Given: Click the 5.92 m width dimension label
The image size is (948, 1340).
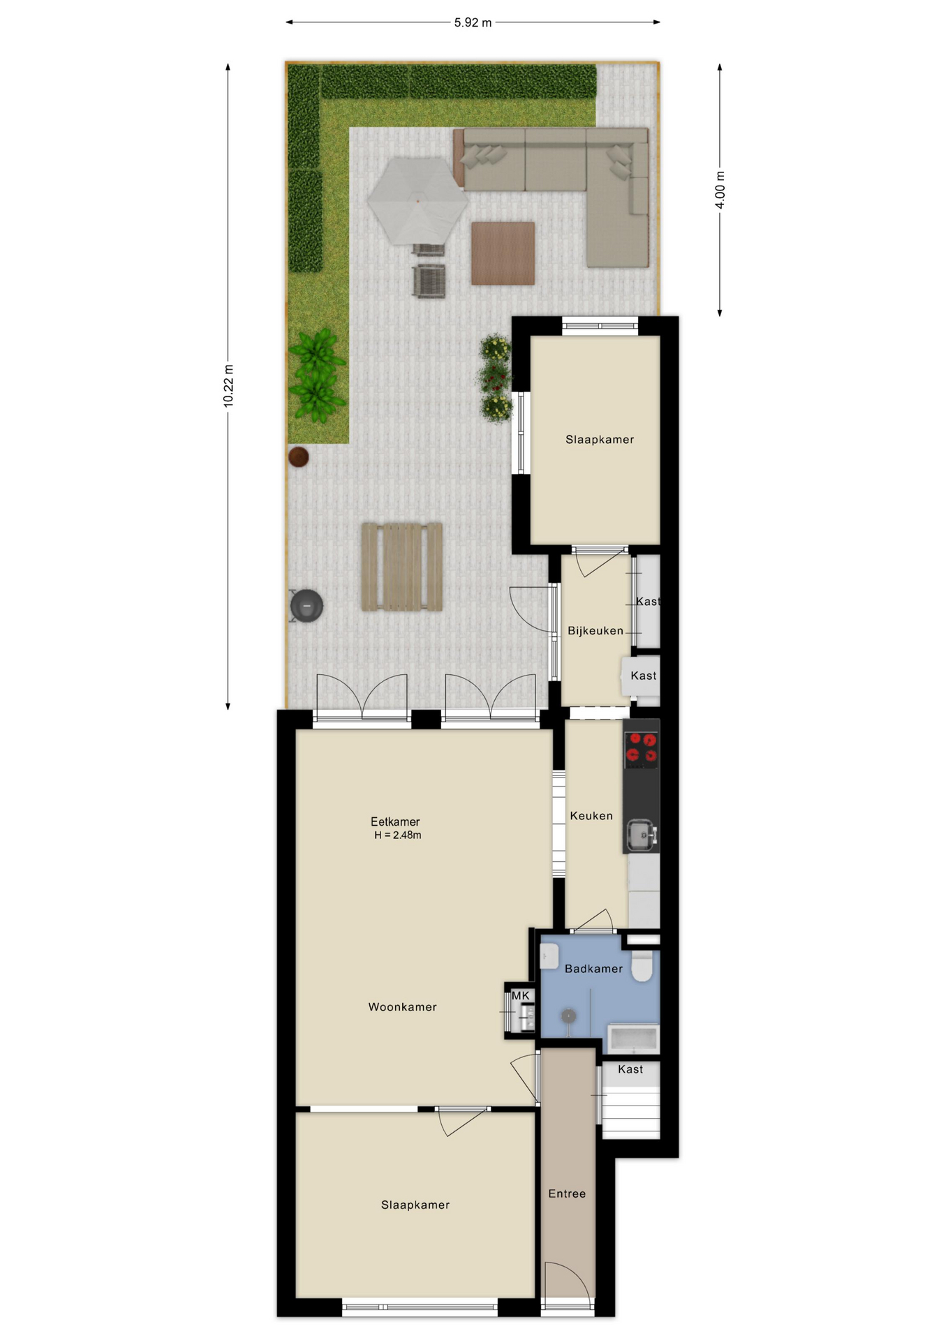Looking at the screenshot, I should pyautogui.click(x=473, y=22).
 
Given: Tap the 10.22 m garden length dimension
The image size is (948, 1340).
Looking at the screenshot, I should pyautogui.click(x=228, y=386).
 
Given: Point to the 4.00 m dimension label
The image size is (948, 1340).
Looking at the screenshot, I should pyautogui.click(x=720, y=190).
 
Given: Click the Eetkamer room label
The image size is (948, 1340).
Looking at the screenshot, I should pyautogui.click(x=395, y=821).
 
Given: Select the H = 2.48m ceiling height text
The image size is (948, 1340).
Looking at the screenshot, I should pyautogui.click(x=397, y=835).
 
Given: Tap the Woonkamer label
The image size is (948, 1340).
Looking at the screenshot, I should pyautogui.click(x=402, y=1006).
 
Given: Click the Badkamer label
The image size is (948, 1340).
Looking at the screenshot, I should pyautogui.click(x=593, y=969).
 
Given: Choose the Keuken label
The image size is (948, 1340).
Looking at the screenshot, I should pyautogui.click(x=591, y=815).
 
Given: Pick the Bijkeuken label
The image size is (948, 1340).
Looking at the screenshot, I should pyautogui.click(x=595, y=630).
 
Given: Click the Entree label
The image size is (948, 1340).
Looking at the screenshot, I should pyautogui.click(x=567, y=1193).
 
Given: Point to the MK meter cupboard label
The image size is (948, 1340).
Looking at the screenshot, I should pyautogui.click(x=521, y=995).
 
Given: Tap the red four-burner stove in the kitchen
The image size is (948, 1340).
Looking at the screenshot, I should pyautogui.click(x=641, y=747).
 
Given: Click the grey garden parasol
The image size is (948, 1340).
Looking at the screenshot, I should pyautogui.click(x=417, y=201).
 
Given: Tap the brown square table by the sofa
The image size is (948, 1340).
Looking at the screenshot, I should pyautogui.click(x=503, y=253).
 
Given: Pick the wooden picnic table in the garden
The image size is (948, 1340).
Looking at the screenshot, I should pyautogui.click(x=402, y=567).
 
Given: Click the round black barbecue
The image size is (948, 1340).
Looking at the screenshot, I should pyautogui.click(x=306, y=606).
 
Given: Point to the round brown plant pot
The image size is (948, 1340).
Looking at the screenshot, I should pyautogui.click(x=299, y=457).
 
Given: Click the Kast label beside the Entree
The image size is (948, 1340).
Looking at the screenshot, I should pyautogui.click(x=630, y=1069).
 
